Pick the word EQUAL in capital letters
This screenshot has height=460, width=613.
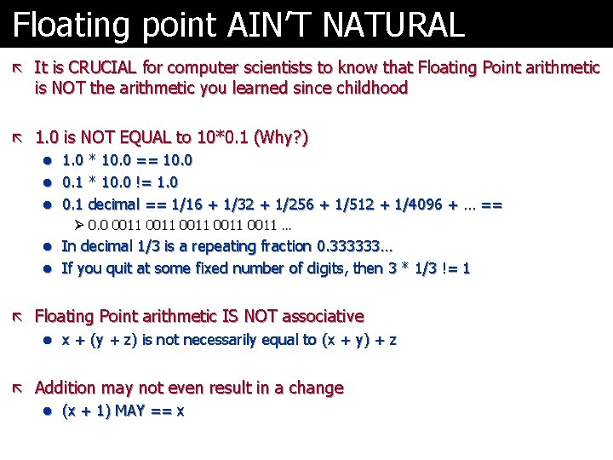coord(147,137)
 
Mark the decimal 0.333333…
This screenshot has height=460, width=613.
coord(335,246)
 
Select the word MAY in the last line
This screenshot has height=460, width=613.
coord(129,411)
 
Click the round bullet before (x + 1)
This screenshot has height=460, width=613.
coord(49,411)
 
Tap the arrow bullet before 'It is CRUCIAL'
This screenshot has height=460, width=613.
coord(19,67)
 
